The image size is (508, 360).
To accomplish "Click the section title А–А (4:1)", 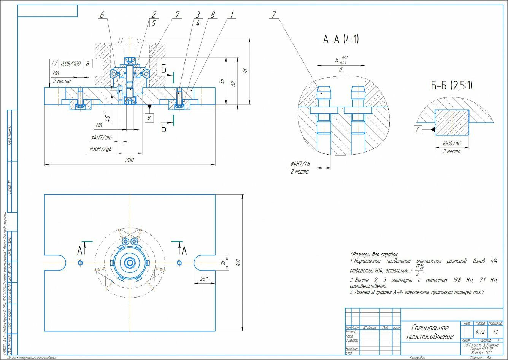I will (341, 39).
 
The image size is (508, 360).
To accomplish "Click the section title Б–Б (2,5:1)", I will (452, 86).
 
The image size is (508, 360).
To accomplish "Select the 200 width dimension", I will (130, 161).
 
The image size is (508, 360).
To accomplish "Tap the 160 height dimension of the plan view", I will (238, 263).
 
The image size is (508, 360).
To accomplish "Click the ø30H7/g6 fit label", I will (101, 149).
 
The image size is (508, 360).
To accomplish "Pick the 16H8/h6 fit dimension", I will (451, 144).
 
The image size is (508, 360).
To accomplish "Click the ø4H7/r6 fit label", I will (300, 164).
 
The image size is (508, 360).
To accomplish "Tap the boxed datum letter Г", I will (418, 130).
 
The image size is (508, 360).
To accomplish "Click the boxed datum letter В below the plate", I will (149, 118).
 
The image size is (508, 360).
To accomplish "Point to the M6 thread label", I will (56, 73).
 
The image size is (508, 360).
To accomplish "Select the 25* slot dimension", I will (204, 279).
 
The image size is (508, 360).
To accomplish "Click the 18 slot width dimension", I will (223, 263).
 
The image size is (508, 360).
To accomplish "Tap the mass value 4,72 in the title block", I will (480, 331).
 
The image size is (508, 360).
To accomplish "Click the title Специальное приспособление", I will (430, 332).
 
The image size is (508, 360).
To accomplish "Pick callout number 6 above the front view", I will (102, 15).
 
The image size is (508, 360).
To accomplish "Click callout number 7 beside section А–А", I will (274, 15).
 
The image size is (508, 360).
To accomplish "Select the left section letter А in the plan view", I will (80, 251).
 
